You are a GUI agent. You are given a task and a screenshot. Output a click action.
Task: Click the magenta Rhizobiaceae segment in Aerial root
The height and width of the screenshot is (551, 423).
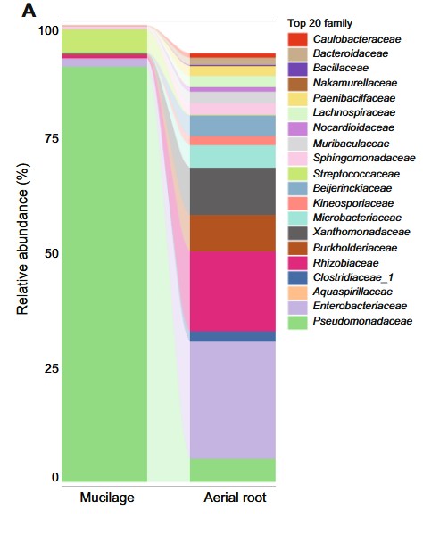233,291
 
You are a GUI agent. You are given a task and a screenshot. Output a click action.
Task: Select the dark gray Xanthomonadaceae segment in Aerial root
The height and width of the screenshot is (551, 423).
233,191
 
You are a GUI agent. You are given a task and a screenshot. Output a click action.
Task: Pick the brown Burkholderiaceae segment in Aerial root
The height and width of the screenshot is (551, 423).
233,233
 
